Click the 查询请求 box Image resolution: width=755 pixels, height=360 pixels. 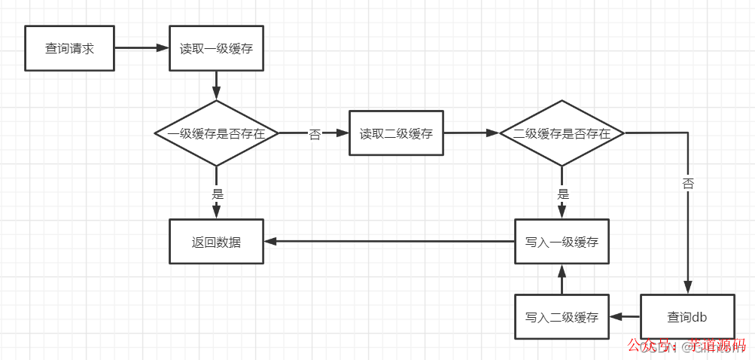click(x=69, y=48)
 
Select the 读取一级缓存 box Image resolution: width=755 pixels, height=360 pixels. click(x=216, y=48)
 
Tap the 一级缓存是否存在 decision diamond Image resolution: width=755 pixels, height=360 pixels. click(x=216, y=133)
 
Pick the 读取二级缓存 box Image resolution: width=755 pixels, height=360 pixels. click(x=396, y=133)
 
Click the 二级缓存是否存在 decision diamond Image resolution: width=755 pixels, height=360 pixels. click(x=561, y=133)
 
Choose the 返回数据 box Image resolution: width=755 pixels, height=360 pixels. click(x=216, y=242)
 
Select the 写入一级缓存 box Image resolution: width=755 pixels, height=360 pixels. click(x=561, y=242)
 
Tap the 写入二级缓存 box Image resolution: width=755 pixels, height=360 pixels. click(x=561, y=317)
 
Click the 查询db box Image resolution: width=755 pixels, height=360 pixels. click(x=687, y=317)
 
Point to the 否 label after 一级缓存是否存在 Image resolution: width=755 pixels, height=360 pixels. click(x=315, y=135)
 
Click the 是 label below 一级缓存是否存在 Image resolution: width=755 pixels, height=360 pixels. click(x=218, y=194)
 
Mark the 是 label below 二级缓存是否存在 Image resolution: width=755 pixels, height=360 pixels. click(x=562, y=194)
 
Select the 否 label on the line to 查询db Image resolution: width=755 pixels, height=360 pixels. click(x=688, y=184)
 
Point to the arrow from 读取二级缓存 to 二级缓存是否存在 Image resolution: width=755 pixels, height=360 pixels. click(x=471, y=133)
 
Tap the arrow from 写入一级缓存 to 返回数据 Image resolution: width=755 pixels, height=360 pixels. click(x=388, y=242)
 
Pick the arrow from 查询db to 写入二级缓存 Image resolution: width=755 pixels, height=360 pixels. click(x=624, y=317)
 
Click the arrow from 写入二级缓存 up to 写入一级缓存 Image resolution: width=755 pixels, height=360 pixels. click(x=561, y=279)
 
